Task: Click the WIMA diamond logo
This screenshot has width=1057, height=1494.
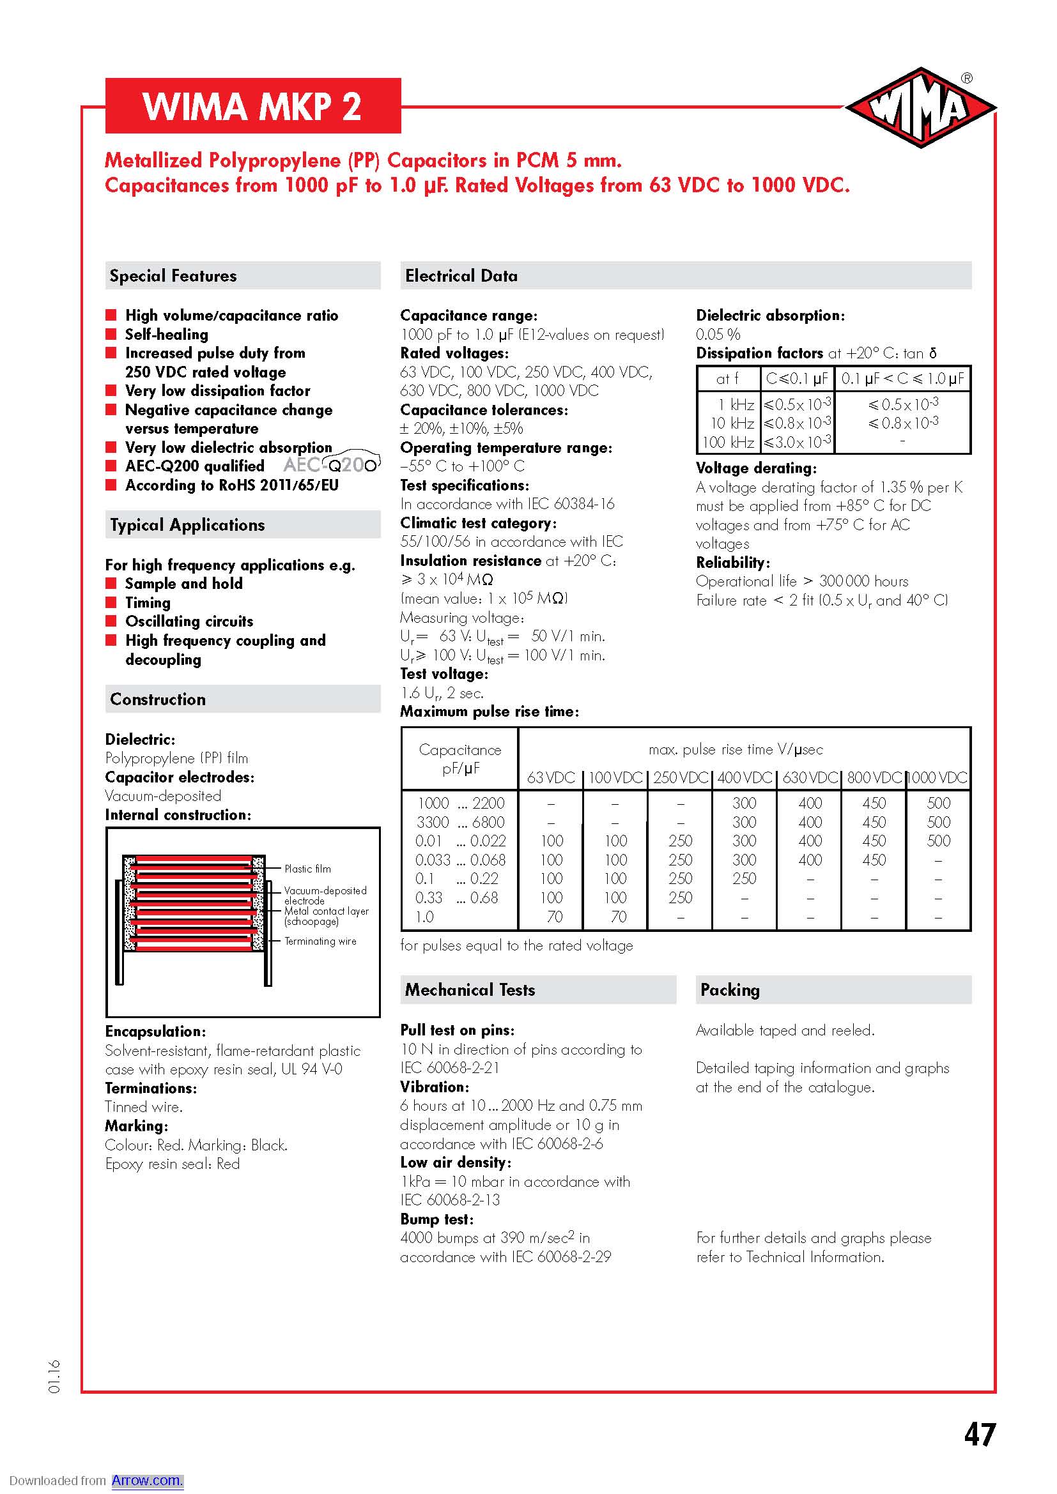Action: (920, 108)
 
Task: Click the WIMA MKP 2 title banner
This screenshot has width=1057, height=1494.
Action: (252, 106)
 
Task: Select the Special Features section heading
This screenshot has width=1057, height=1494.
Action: (173, 276)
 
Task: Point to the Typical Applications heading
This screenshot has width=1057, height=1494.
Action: (187, 525)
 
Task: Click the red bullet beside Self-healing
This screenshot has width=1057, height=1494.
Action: (111, 335)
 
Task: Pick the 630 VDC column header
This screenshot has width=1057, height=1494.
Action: (810, 777)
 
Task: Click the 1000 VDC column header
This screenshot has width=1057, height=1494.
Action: (938, 777)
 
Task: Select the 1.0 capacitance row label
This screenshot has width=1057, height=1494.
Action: (424, 917)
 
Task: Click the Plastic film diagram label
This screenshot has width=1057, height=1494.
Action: (307, 869)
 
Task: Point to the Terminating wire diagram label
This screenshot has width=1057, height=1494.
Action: (320, 941)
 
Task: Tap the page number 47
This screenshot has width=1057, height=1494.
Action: (980, 1435)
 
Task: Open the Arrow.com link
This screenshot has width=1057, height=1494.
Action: (147, 1481)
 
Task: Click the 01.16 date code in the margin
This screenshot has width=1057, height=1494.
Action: (54, 1376)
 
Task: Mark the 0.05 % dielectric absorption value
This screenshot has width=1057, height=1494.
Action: (718, 335)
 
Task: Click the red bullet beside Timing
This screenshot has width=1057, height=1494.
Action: (111, 602)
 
